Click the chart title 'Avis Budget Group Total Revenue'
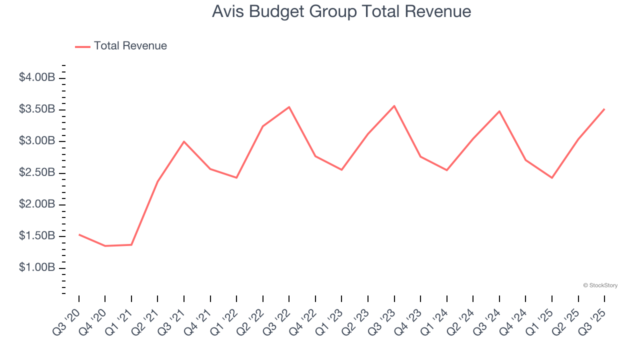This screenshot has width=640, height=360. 341,11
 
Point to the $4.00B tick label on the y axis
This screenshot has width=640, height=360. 37,77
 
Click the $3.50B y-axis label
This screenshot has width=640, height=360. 37,109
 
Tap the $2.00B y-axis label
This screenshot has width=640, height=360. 37,204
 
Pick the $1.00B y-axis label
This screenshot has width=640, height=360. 37,268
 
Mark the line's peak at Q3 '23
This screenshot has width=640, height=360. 394,106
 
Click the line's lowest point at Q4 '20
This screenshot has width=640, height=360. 105,246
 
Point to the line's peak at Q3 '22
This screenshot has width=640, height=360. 289,107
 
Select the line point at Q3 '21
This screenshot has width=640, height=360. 184,141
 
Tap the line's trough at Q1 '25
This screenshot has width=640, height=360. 552,178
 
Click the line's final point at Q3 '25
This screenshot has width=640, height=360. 604,109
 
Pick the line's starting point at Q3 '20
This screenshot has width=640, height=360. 79,234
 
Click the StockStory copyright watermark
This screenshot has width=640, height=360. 600,285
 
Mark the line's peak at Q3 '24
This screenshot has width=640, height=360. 499,111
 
